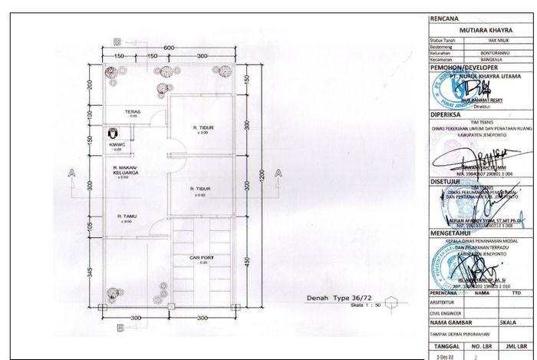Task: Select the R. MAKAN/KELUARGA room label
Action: pyautogui.click(x=124, y=170)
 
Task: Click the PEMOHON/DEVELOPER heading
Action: pyautogui.click(x=465, y=68)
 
